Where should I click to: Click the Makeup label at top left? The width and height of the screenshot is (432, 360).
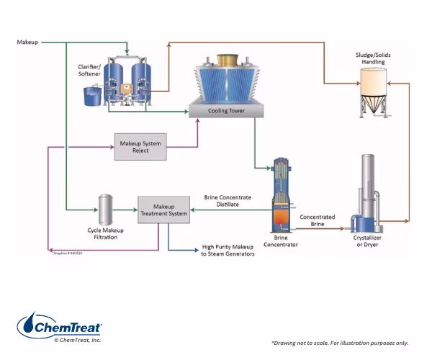point(28,42)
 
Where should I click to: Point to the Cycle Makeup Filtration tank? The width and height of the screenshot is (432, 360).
point(105,209)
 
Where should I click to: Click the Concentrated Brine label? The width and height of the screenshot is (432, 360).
point(318,220)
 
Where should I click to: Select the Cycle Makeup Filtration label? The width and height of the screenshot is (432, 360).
point(106,233)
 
